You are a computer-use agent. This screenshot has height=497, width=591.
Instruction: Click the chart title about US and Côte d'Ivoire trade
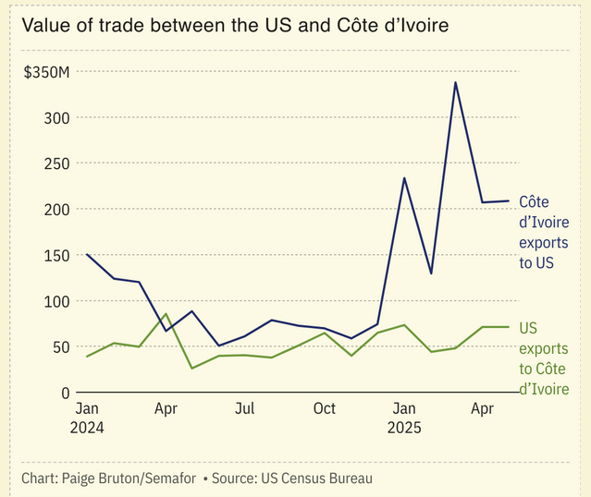point(235,25)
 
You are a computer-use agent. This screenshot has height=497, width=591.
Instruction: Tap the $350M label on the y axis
point(46,72)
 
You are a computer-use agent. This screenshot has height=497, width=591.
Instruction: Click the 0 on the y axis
point(66,393)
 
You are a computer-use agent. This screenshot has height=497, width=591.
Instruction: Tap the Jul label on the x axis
point(244,408)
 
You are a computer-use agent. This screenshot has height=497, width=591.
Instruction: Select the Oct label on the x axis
point(325,408)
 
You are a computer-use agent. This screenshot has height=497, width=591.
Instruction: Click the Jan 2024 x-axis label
point(86,418)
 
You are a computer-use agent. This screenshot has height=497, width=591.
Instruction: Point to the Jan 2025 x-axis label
point(404,418)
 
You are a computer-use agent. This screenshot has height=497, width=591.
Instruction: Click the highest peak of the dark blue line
point(455,82)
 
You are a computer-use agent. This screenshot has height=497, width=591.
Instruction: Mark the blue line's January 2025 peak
point(404,177)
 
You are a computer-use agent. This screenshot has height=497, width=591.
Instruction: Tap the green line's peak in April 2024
point(166,314)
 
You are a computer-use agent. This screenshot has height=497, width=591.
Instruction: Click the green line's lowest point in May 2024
point(192,369)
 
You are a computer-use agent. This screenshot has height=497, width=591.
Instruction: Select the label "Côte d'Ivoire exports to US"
point(543,232)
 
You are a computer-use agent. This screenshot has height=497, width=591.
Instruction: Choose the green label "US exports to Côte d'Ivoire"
point(543,358)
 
